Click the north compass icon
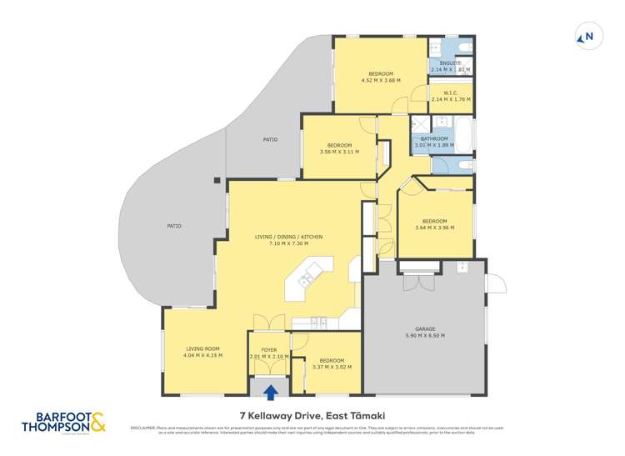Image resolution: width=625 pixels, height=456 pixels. pos(587,37)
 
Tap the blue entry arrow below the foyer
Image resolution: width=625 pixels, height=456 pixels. pos(269,391)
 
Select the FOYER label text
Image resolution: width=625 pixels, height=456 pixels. pos(269,350)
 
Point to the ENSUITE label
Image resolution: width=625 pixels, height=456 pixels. pos(451,63)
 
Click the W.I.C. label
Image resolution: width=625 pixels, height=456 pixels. pos(451,93)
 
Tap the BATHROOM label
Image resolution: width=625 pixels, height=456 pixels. pos(434,138)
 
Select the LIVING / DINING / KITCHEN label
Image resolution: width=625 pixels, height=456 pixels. pos(288,237)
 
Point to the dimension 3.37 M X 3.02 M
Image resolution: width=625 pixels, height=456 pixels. pos(332,367)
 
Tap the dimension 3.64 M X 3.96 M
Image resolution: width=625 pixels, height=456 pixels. pos(434,227)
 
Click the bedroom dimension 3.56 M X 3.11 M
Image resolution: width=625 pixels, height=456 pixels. pos(339,152)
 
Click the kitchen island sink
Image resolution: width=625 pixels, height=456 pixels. pos(306,279)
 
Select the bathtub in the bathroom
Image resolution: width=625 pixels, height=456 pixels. pos(462,137)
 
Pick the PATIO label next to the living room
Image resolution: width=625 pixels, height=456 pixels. pos(173,226)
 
